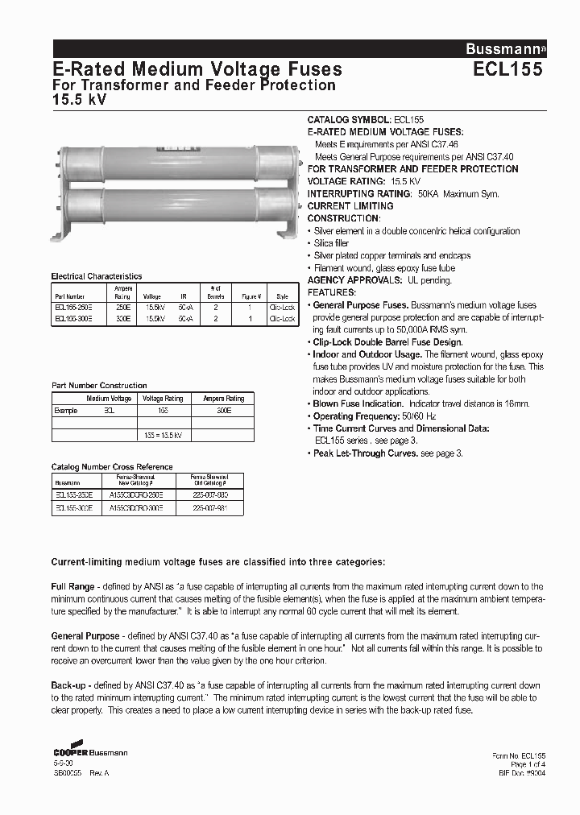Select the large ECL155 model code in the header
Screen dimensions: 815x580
pos(507,69)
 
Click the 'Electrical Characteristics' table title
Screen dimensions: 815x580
pos(96,276)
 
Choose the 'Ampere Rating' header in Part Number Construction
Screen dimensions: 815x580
pos(223,399)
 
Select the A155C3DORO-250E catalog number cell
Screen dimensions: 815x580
pos(136,496)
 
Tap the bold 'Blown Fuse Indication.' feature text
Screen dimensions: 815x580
pos(358,403)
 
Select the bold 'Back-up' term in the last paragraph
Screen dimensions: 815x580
pos(69,685)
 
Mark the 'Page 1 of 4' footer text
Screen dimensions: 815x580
pos(528,763)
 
